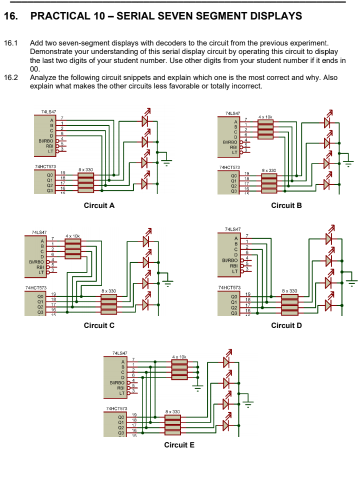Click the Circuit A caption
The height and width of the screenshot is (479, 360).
click(x=99, y=205)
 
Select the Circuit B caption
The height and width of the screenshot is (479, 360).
click(x=286, y=205)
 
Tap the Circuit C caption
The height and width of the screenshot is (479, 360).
click(x=99, y=325)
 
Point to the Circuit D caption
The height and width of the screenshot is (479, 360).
click(x=286, y=325)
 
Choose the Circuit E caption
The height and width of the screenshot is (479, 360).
click(x=179, y=445)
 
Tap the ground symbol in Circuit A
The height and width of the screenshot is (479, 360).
click(x=167, y=161)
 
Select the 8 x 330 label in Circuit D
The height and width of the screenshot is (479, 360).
click(x=290, y=290)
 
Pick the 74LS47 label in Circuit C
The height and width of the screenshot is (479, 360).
click(x=39, y=232)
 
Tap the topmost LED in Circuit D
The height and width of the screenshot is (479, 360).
click(x=328, y=239)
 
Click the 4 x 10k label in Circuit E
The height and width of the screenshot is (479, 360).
click(x=179, y=356)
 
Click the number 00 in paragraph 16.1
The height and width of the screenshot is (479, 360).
click(x=34, y=68)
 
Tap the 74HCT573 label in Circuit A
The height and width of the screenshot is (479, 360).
click(x=45, y=166)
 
